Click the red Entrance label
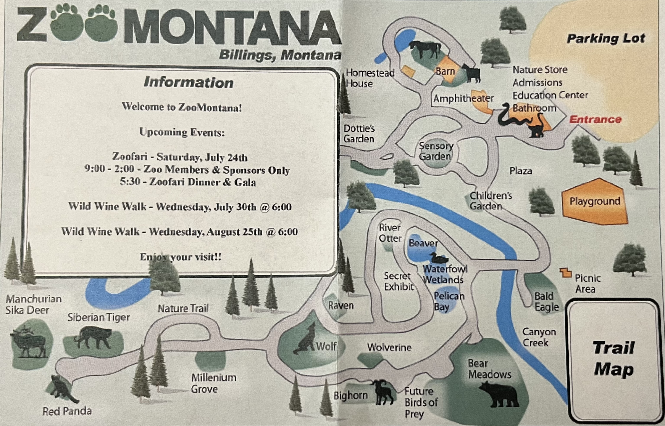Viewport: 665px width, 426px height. coord(595,120)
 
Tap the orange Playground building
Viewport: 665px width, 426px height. coord(595,201)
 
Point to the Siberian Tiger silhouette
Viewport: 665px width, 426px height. coord(93,338)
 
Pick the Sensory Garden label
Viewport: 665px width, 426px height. coord(436,151)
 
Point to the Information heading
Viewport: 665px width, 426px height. coord(189,82)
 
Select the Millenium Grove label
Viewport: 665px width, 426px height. coord(213,383)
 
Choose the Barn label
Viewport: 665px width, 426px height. coord(445,71)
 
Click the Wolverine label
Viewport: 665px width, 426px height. coord(389,348)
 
